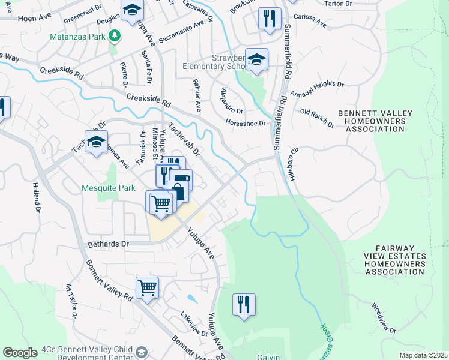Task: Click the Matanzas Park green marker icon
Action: point(114,37)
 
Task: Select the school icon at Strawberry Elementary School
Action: point(256,59)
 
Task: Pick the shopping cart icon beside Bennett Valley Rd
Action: point(147,287)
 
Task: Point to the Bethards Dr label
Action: point(108,244)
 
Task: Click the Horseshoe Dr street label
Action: point(245,123)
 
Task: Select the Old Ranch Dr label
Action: point(316,117)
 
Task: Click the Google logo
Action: point(20,353)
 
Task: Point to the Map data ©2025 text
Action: point(423,355)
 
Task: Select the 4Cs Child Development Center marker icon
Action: point(142,352)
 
